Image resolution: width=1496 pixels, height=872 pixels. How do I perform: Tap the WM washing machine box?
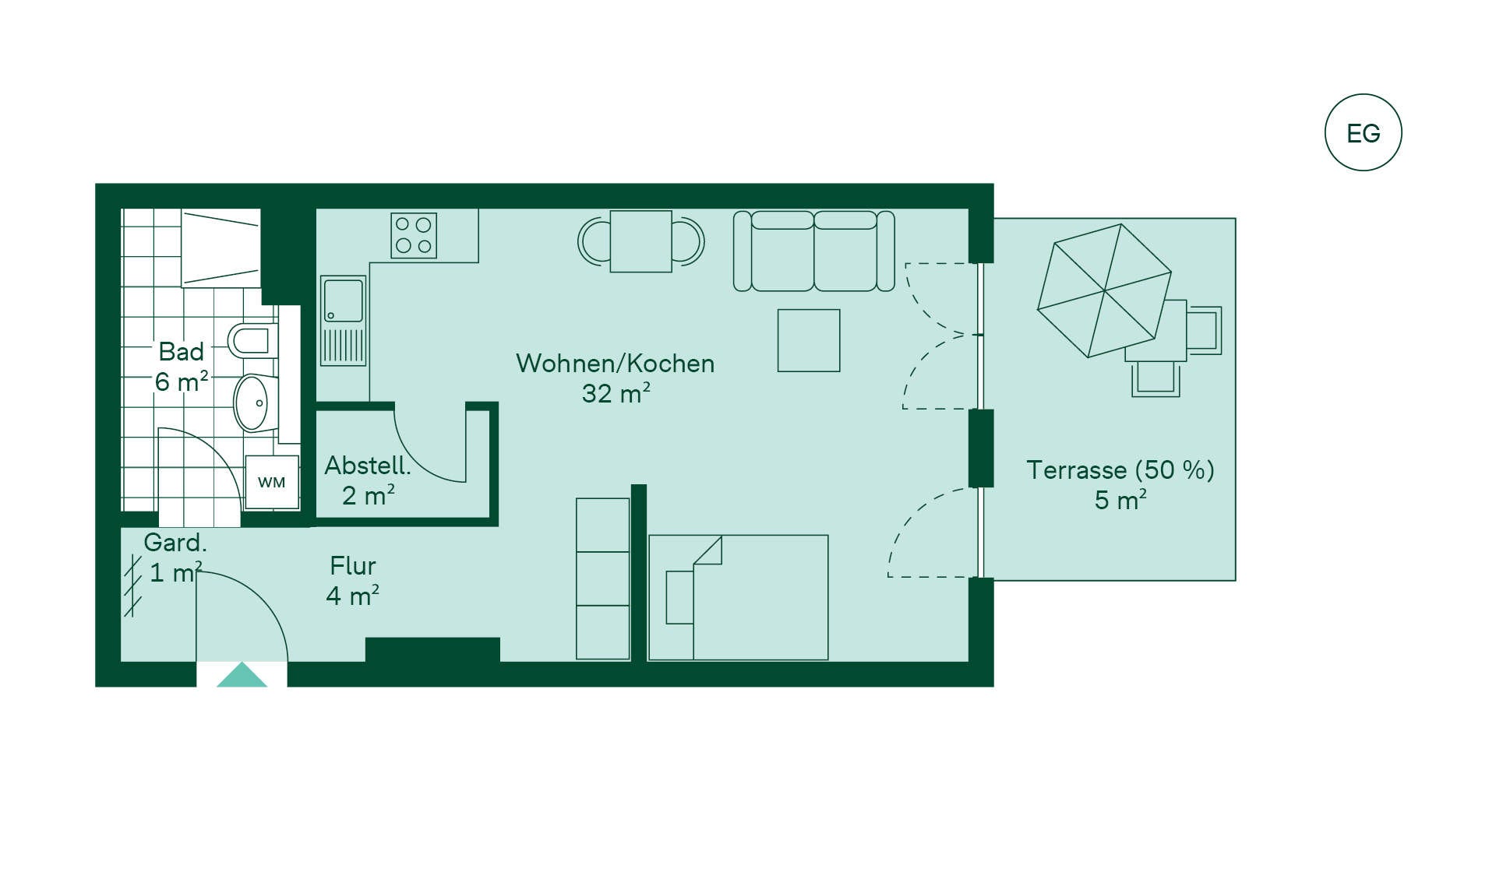(x=272, y=482)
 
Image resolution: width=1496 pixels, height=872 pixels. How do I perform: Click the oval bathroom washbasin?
(x=254, y=403)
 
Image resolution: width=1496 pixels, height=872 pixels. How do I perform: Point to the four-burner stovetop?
(x=414, y=235)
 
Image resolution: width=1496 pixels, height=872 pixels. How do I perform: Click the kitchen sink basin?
(x=343, y=301)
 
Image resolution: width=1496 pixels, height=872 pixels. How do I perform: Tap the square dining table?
(x=640, y=241)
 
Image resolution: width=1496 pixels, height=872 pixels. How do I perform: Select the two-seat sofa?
(x=813, y=251)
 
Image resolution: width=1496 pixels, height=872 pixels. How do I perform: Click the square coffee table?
(x=809, y=340)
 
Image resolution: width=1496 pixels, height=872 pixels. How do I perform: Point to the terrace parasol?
(x=1104, y=290)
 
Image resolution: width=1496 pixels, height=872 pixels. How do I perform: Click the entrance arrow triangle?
(x=242, y=674)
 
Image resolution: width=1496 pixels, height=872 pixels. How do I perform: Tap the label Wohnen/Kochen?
(x=615, y=364)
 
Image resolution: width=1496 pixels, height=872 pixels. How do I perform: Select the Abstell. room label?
(x=367, y=466)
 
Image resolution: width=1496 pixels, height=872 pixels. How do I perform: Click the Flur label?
(x=353, y=565)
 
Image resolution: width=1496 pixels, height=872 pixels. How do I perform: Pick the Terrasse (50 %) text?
(x=1120, y=470)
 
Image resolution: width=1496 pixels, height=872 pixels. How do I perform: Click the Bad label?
(x=182, y=352)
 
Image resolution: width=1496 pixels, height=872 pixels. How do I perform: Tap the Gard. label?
(x=175, y=542)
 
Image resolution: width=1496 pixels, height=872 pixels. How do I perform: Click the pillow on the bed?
(x=679, y=597)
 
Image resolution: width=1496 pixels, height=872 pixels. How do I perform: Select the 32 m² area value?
(x=616, y=393)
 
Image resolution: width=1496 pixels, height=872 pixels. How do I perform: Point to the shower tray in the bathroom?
(x=221, y=248)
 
